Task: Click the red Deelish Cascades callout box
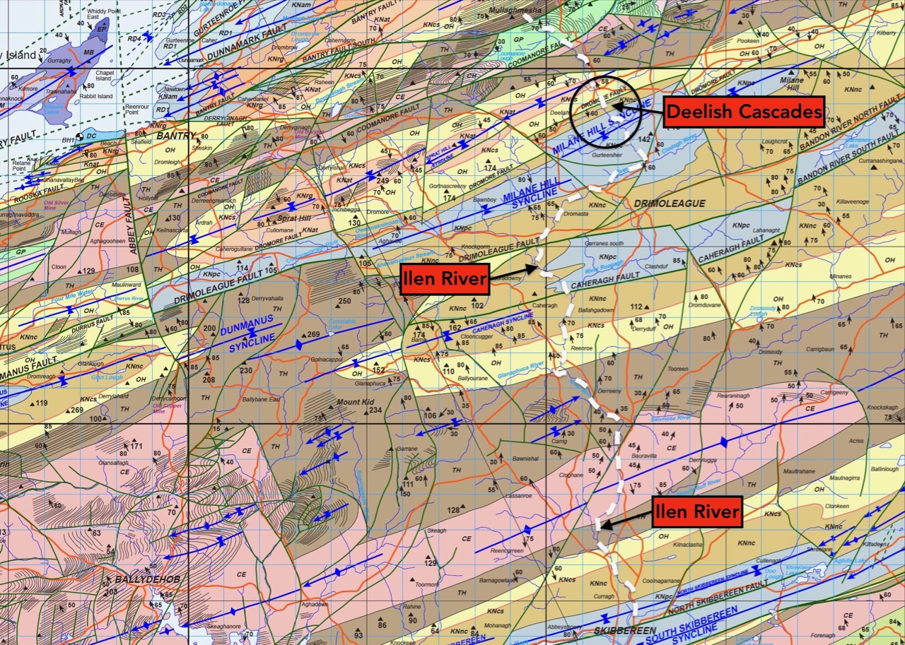[744, 111]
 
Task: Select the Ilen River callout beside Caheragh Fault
[444, 280]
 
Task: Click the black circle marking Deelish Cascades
[605, 112]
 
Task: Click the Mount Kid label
[354, 402]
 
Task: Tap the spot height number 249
[383, 181]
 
